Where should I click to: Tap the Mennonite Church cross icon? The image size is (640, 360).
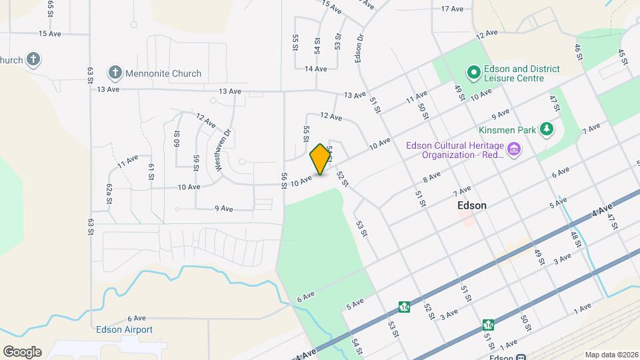point(115,73)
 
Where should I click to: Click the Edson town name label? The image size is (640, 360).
point(472,205)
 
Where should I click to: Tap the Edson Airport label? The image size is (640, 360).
point(125,329)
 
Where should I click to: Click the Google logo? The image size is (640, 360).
point(22,352)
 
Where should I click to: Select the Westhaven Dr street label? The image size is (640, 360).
point(223,150)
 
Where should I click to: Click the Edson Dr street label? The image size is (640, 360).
point(360,47)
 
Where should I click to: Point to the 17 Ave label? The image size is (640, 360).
point(452,9)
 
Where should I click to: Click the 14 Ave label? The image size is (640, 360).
point(315,69)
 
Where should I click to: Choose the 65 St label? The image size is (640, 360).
point(51,8)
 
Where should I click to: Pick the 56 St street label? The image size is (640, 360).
point(285,181)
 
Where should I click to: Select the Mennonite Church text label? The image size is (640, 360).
point(164,73)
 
